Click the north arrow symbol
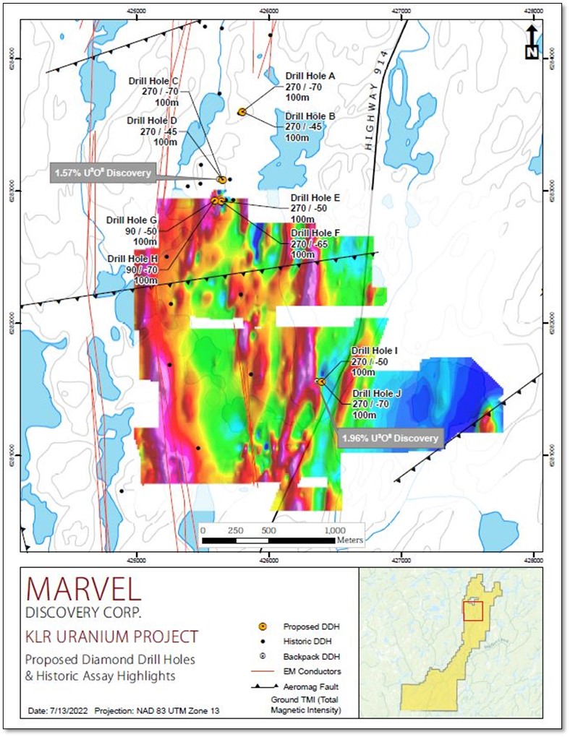[531, 43]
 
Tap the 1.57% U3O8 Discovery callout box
[101, 173]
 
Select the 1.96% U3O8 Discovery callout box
[390, 438]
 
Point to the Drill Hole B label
[310, 116]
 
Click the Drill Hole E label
[315, 197]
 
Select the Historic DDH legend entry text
[307, 642]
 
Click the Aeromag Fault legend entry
[310, 686]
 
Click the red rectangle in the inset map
[472, 611]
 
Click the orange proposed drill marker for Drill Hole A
[242, 111]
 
